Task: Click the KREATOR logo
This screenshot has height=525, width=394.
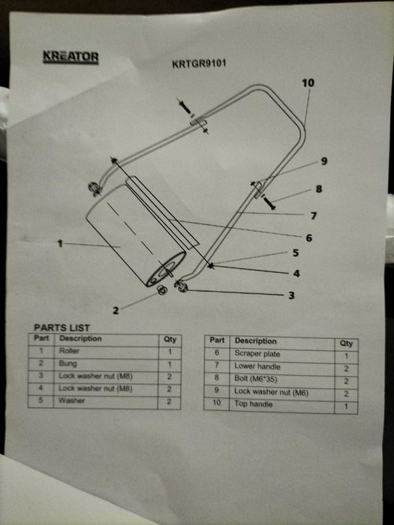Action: [71, 57]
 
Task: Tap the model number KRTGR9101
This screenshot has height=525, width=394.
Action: [199, 64]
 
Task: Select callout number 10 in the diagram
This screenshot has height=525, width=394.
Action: [308, 82]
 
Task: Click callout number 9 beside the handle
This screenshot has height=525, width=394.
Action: [324, 161]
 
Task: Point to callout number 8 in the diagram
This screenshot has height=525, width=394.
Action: [319, 189]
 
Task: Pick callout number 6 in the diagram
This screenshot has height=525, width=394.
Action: [309, 238]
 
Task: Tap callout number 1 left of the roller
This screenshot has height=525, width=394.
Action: [60, 244]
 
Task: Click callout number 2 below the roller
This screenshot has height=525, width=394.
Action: [116, 310]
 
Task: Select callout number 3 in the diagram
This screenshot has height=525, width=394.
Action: [291, 295]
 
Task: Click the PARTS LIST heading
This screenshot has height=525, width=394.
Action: [62, 328]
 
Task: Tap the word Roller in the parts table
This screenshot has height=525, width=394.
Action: [69, 351]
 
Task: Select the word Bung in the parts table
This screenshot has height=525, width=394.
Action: [68, 363]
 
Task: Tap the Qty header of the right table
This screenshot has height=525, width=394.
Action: [346, 343]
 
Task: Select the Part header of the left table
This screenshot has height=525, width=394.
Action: [41, 337]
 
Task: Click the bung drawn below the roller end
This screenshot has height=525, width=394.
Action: [162, 290]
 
